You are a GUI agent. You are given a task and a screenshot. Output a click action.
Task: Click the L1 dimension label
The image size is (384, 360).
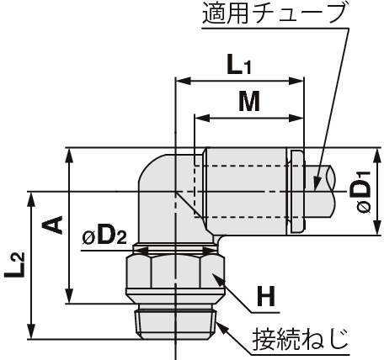(239, 64)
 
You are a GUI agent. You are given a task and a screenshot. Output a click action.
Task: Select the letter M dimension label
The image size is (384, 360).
(249, 102)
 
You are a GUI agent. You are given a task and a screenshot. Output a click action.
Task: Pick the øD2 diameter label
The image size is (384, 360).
(104, 237)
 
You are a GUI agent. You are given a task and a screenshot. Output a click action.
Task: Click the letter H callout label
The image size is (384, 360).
(266, 297)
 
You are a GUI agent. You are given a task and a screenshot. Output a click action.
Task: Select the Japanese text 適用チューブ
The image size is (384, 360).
(273, 13)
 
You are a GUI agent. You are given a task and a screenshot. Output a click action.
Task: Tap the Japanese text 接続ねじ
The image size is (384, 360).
(301, 339)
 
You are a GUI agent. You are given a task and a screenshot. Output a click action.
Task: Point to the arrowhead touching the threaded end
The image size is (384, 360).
(221, 327)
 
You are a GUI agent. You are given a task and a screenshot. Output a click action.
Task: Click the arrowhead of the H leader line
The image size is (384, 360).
(217, 278)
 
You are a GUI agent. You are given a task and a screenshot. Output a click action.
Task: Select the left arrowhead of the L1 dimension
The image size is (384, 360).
(183, 82)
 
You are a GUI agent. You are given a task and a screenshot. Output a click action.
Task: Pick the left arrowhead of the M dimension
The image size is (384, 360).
(202, 118)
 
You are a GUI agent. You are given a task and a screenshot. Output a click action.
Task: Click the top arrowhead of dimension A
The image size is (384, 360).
(69, 156)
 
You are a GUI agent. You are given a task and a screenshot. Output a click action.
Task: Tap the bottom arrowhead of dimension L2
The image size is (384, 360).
(31, 331)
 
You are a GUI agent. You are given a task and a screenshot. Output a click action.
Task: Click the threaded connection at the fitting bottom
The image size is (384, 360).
(176, 321)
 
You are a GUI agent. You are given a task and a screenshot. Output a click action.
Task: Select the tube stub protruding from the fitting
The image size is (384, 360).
(319, 192)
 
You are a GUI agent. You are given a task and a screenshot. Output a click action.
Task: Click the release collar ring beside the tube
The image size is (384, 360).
(296, 192)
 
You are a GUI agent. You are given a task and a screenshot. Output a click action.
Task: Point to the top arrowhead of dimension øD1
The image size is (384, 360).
(377, 156)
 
